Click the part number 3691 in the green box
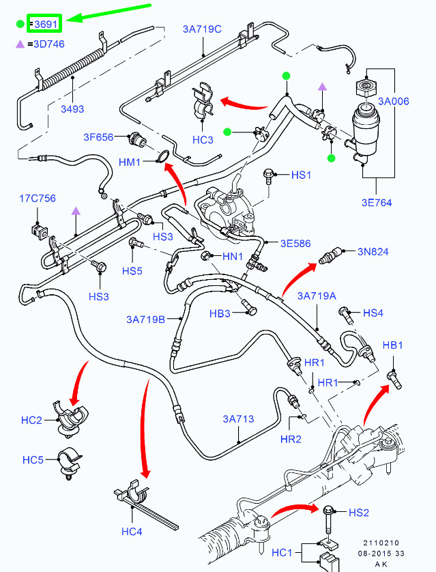tap(46, 25)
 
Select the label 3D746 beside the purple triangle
tap(48, 44)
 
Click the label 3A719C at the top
tap(202, 29)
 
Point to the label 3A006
tap(395, 101)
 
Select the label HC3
tap(203, 140)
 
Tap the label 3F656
tap(99, 137)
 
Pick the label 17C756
tap(38, 199)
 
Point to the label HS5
tap(132, 271)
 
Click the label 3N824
tap(373, 252)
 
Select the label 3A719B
tap(146, 319)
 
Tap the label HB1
tap(393, 346)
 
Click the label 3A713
tap(239, 418)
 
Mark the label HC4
tap(132, 531)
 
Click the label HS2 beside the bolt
tap(359, 512)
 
